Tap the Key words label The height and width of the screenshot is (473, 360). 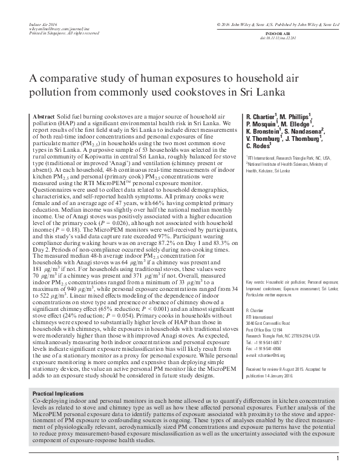[x=257, y=282]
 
